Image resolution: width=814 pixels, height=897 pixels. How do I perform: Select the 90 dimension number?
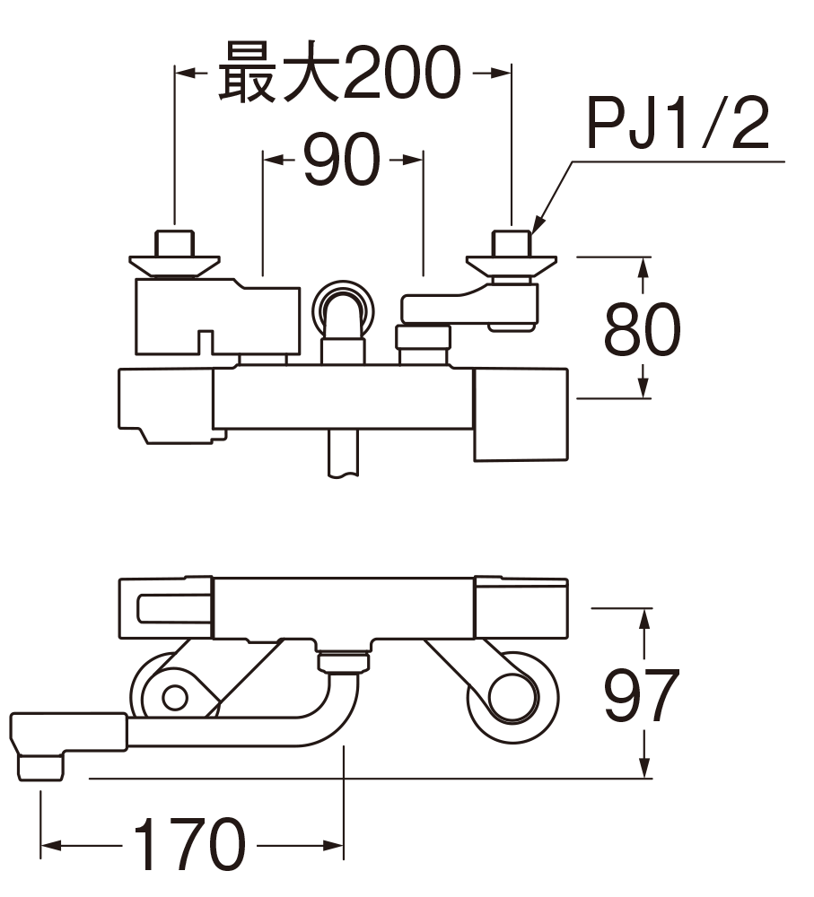click(x=341, y=161)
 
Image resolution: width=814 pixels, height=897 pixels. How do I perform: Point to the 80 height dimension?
click(x=643, y=329)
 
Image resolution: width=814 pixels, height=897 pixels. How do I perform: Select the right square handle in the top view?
click(x=521, y=413)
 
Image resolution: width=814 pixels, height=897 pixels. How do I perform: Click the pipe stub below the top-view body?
click(x=344, y=453)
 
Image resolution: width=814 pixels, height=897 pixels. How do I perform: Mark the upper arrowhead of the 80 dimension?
click(x=643, y=266)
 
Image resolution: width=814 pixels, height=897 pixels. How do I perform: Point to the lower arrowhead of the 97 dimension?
click(x=643, y=770)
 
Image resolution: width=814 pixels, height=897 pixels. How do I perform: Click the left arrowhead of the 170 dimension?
click(x=50, y=846)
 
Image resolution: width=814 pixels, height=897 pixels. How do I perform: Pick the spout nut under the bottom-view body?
click(x=344, y=662)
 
